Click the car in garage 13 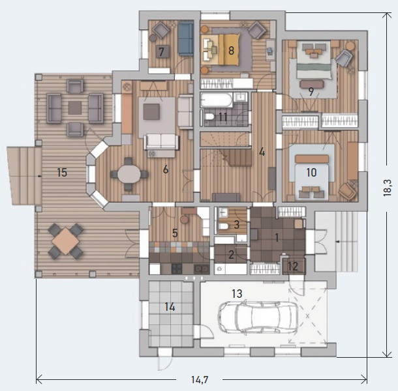(257, 317)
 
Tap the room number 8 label (231, 50)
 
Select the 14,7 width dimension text (200, 379)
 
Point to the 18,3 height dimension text (387, 188)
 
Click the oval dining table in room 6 (129, 175)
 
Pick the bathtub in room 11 (216, 100)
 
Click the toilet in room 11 (209, 117)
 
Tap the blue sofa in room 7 (185, 38)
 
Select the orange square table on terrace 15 (66, 241)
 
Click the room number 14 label (170, 307)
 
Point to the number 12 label (293, 267)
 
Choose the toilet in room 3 (224, 226)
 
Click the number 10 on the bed (311, 173)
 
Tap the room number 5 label (175, 233)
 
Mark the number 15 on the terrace (62, 173)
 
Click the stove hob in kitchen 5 (177, 268)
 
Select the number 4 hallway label (262, 152)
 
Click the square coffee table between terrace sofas (75, 108)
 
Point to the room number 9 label (311, 91)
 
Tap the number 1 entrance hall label (277, 238)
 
